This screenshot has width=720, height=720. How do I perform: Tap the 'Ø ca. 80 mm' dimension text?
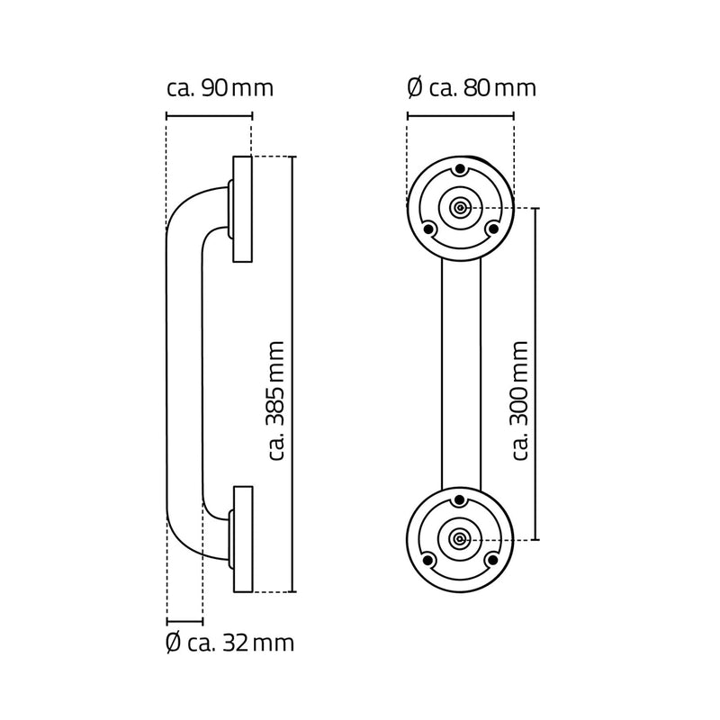pos(471,89)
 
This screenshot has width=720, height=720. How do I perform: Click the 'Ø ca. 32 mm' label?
pos(230,644)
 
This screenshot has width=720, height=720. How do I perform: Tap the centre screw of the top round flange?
pos(461,207)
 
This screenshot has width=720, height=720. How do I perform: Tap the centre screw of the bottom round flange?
pos(461,539)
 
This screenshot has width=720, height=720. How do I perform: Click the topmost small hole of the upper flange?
pos(461,169)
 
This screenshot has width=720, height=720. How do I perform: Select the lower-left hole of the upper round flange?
pos(429,229)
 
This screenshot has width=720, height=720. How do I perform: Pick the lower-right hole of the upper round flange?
pos(492,229)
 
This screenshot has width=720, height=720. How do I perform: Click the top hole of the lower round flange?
pos(461,501)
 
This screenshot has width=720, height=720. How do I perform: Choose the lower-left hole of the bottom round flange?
pos(429,561)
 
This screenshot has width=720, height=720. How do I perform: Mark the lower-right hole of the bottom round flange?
pos(492,561)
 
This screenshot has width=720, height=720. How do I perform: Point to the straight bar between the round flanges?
pos(461,373)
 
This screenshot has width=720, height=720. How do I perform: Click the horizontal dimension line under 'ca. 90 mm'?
pos(210,114)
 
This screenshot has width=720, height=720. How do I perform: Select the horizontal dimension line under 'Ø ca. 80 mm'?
pos(461,114)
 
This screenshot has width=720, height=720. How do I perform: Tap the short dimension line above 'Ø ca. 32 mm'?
pos(184,621)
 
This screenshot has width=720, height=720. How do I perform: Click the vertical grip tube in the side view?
pos(184,373)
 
